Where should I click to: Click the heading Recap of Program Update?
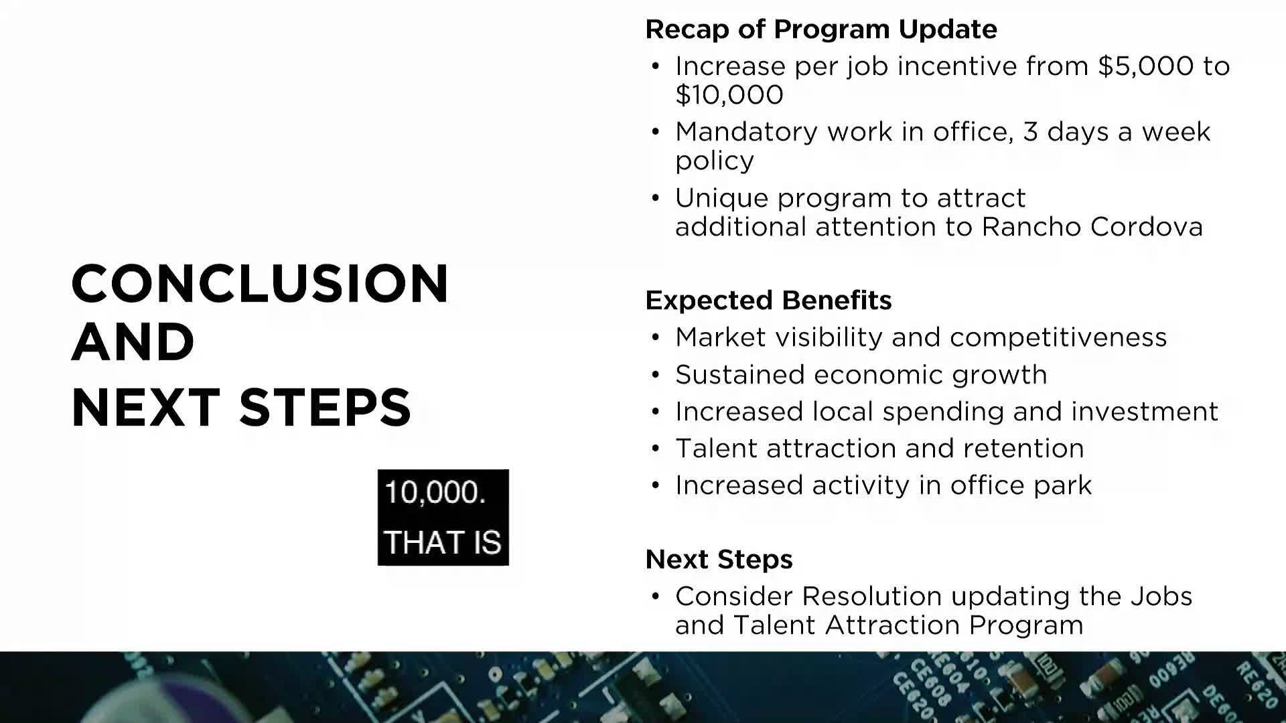(x=821, y=29)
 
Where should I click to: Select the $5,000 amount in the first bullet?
(x=1146, y=66)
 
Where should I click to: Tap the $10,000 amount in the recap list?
(x=729, y=94)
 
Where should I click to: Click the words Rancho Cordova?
(x=1092, y=227)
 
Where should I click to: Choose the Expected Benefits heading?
(x=768, y=301)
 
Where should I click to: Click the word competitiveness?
(x=1058, y=337)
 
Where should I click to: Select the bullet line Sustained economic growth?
(x=861, y=375)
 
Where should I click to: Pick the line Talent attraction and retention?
(x=879, y=449)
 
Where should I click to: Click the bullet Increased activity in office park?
(x=883, y=485)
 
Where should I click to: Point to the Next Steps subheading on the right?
(x=719, y=560)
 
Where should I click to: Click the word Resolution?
(x=872, y=596)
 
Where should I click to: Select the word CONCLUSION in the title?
(x=260, y=283)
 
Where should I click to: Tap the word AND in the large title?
(x=133, y=341)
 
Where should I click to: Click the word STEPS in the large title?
(x=325, y=406)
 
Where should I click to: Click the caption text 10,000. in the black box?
(x=435, y=493)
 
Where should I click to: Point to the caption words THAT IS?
(x=443, y=542)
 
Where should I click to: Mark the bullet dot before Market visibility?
(x=656, y=337)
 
